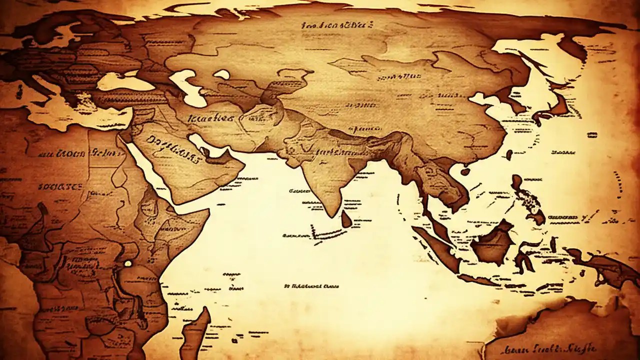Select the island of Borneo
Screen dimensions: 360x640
click(x=492, y=243)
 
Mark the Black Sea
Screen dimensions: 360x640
click(x=125, y=81)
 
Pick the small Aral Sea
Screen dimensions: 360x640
click(x=221, y=74)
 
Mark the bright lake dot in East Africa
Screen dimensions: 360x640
click(x=128, y=263)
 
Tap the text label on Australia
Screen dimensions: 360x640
click(x=550, y=348)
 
